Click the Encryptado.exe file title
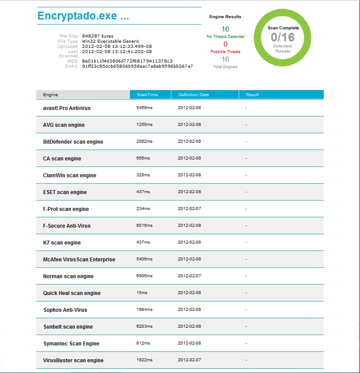coord(83,16)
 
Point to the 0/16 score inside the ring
coord(283,37)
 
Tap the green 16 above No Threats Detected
coord(225,29)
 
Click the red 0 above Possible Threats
coord(225,44)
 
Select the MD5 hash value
coord(127,61)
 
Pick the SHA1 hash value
coord(137,66)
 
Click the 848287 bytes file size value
coord(98,36)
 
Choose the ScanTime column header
coord(147,94)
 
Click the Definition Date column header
coord(193,94)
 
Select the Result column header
coord(252,94)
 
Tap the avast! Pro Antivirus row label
coord(67,108)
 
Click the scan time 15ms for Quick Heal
coord(142,293)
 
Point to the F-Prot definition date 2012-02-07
coord(189,209)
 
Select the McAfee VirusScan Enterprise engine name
coord(79,260)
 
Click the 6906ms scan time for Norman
coord(144,276)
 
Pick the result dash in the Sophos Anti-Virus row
coord(246,310)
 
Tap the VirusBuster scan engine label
coord(73,360)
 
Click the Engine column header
coord(51,94)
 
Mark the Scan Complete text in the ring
coord(283,28)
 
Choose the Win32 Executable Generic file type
coord(111,41)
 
